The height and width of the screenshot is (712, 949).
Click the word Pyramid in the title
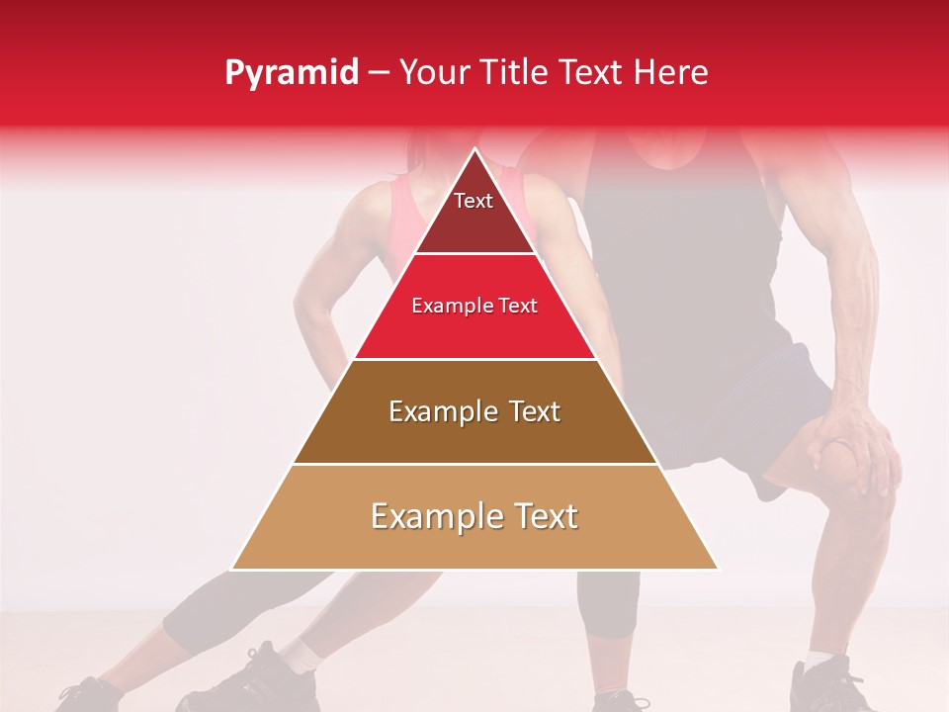coord(292,73)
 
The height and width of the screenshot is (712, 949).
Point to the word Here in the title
coord(672,72)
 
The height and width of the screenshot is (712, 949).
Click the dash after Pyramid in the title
coord(379,73)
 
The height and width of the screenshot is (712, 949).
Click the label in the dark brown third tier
coord(474,411)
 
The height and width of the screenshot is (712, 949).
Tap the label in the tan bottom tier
coord(474,516)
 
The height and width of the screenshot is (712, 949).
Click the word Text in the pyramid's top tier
coord(474,201)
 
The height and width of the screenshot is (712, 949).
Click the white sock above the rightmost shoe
coord(820,658)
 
